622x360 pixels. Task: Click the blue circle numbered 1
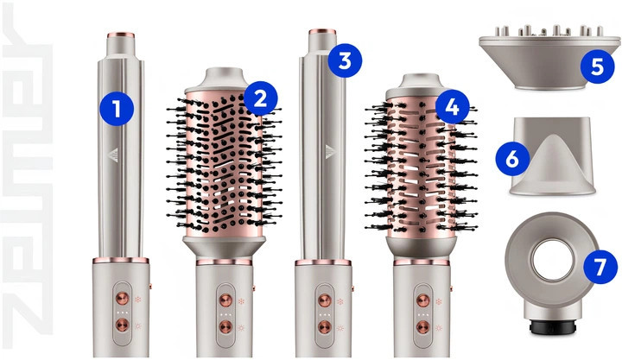point(117,108)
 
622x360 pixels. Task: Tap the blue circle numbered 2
point(261,98)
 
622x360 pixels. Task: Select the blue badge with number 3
point(345,60)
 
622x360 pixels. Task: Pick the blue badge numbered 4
point(452,107)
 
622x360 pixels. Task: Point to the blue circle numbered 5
point(598,66)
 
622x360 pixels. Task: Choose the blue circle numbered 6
point(512,160)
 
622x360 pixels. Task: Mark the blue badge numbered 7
point(600,267)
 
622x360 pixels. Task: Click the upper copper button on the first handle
point(122,298)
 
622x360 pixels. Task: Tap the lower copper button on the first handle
point(122,325)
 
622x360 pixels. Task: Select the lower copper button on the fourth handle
point(422,326)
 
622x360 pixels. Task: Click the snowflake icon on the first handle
point(137,300)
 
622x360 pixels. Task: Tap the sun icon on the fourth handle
point(438,328)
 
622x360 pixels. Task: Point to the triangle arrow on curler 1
point(113,155)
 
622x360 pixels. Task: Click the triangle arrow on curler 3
point(330,152)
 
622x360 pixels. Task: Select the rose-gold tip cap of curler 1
point(121,35)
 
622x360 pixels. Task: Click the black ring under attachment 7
point(553,327)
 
